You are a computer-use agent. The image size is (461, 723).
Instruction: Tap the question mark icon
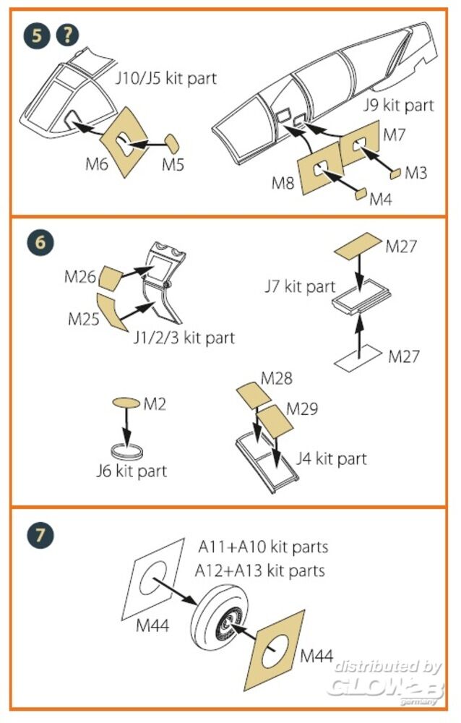(68, 34)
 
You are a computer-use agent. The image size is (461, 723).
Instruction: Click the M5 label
(173, 165)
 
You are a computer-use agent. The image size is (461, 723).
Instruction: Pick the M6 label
(96, 165)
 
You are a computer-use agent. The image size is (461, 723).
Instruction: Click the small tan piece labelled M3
(396, 174)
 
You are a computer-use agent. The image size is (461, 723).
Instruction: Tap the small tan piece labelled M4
(360, 193)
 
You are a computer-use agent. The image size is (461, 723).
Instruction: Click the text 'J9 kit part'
(397, 106)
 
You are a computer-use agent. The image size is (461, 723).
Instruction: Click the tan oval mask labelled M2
(125, 402)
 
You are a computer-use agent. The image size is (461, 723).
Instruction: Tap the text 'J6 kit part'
(132, 471)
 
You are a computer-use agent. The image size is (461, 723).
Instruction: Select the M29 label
(303, 409)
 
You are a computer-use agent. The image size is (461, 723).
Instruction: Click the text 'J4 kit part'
(332, 458)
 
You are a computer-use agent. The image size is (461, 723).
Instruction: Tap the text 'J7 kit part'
(299, 286)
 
